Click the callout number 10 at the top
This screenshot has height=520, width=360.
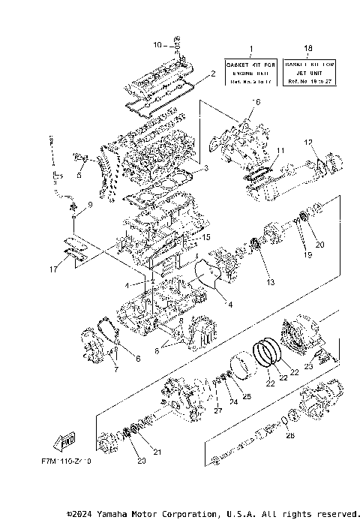point(157,45)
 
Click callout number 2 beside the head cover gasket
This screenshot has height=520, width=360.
point(213,74)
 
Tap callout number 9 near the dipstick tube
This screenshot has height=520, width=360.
point(89,203)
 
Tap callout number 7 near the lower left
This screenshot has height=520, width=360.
point(115,369)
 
